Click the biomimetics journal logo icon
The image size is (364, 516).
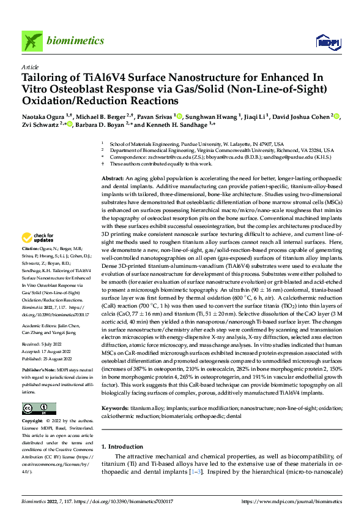[32, 40]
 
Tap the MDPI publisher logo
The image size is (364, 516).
[325, 41]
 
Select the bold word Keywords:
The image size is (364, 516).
[115, 408]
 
